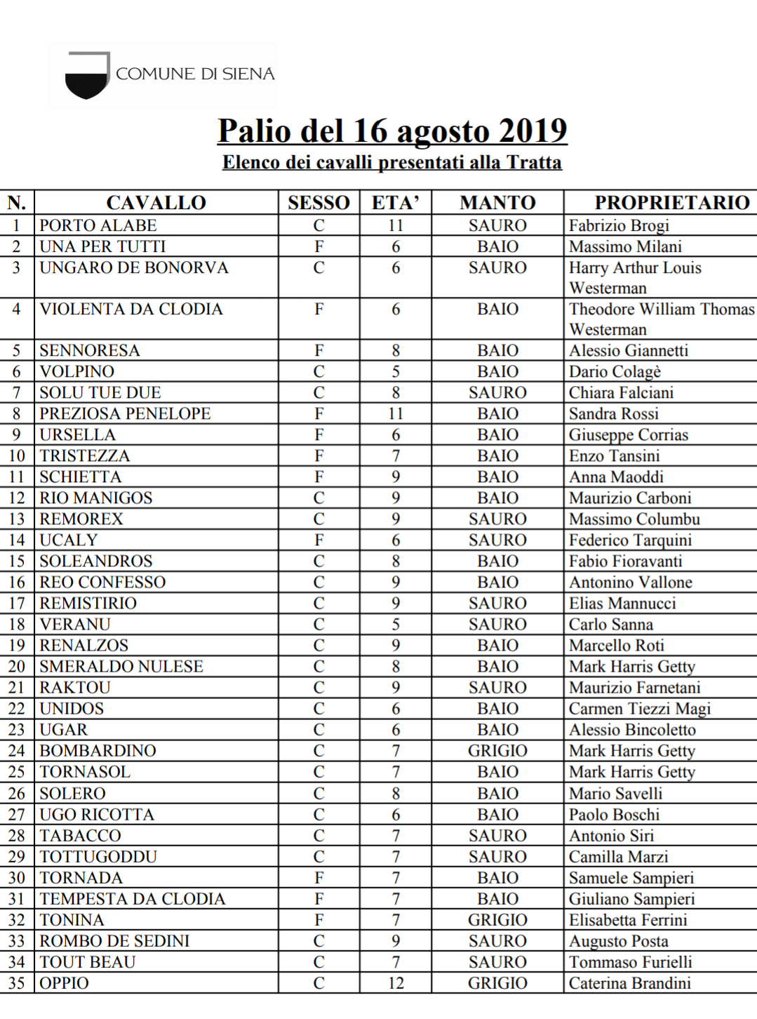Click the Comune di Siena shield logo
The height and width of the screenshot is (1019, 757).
click(87, 76)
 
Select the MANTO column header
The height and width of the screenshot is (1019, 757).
click(497, 203)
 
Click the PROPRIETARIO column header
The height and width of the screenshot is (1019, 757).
click(671, 203)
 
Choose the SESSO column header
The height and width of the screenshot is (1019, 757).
click(319, 203)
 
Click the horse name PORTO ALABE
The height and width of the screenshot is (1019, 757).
click(98, 225)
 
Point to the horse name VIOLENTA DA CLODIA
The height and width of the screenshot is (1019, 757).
click(131, 309)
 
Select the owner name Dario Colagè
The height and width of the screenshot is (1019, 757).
click(615, 371)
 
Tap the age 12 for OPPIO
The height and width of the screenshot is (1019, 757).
click(396, 983)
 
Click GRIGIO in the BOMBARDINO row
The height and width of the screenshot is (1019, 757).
click(497, 751)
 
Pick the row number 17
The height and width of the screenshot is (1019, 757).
click(17, 604)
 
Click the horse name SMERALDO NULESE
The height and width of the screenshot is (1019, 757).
click(121, 667)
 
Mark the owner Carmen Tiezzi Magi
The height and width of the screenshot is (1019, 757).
click(639, 709)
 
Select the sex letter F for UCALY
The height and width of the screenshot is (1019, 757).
click(319, 540)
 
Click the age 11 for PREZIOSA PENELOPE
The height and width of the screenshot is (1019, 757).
click(396, 414)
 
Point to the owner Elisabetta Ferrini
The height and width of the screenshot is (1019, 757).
click(628, 920)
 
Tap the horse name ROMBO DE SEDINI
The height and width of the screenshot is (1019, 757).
click(114, 941)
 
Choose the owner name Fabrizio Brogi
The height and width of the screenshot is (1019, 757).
click(619, 225)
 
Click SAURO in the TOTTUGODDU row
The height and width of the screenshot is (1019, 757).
click(497, 857)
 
